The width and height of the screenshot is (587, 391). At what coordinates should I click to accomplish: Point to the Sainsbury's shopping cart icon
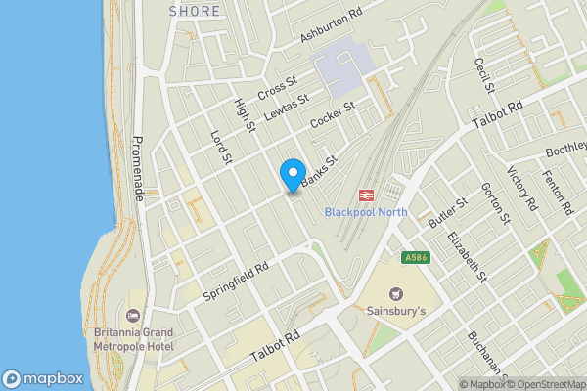396,293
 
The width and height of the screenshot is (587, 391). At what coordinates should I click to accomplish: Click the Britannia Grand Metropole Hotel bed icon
132,314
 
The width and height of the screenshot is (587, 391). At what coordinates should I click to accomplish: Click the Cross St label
277,88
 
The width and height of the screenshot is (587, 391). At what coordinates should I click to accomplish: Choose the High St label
245,113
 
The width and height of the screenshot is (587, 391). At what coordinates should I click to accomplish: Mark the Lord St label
221,146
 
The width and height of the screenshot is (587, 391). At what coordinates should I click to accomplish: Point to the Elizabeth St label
466,257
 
